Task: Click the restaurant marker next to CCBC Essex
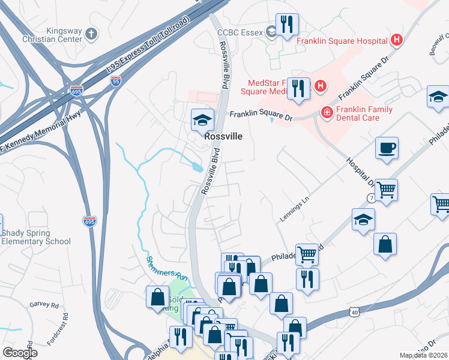(x=287, y=25)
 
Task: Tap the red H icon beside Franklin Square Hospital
(x=396, y=41)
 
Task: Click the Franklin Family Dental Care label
(x=364, y=114)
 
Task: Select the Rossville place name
(x=223, y=136)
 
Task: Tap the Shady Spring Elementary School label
(x=36, y=237)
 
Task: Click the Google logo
(x=20, y=352)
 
